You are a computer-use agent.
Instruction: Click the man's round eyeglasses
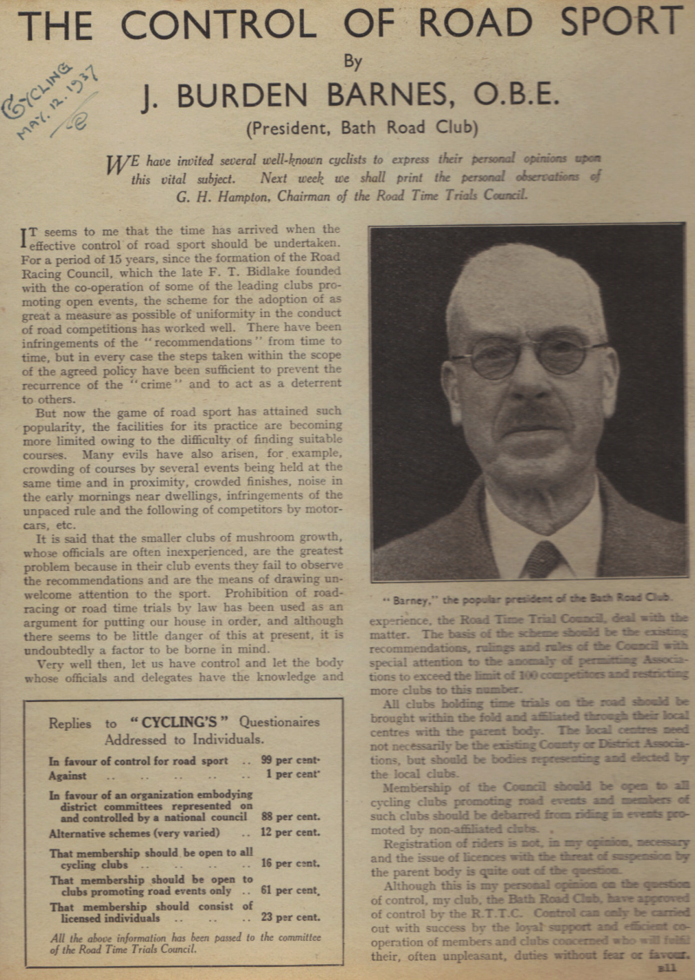527,354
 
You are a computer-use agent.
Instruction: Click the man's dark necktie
542,559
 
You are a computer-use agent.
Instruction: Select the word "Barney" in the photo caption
407,599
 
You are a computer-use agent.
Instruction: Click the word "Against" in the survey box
68,776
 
